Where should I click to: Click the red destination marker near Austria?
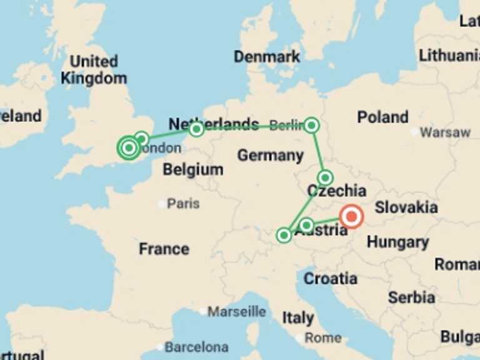coord(351,217)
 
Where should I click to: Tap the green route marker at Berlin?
coord(311,126)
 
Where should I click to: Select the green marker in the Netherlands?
coord(196,129)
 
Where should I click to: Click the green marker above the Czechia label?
coord(324,177)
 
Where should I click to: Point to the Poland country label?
coord(382,117)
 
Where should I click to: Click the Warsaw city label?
coord(444,132)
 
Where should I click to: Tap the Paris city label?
coord(183,203)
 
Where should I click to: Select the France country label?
coord(164,249)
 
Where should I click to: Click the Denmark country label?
coord(267,57)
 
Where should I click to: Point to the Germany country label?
coord(270,155)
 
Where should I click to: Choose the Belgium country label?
coord(192,169)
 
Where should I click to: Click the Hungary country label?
coord(397,242)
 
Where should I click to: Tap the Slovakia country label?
coord(406,207)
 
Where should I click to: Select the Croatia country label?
coord(330,278)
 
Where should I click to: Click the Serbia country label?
coord(411,297)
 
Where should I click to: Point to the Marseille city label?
coord(236,311)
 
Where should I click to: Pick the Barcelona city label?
coord(196,346)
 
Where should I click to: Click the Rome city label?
coord(322,337)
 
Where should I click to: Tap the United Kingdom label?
coord(93,70)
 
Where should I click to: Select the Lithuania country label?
coord(449,55)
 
